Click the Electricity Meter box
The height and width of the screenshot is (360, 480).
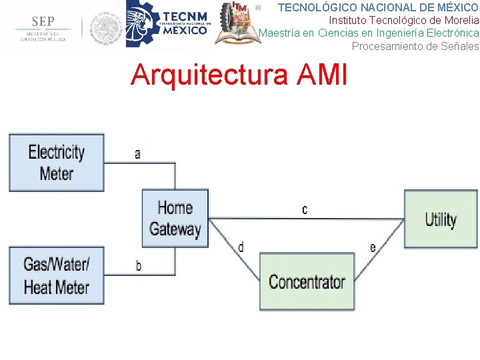pos(57,163)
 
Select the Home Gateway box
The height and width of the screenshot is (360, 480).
pos(175,219)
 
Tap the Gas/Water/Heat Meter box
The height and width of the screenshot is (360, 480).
pos(57,275)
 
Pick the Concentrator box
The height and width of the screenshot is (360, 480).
pos(307,281)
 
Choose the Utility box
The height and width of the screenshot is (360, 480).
pos(441,219)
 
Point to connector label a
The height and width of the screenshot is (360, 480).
pos(137,154)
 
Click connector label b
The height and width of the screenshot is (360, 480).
pos(138,265)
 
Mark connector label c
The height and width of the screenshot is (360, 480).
pos(305,209)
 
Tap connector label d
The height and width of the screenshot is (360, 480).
pos(241,247)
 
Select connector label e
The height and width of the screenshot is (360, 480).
pos(373,248)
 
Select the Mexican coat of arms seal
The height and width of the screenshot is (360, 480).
pos(106,28)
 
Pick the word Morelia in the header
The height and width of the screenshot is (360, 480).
pos(460,20)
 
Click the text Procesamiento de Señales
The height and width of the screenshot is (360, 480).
pos(415,46)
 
